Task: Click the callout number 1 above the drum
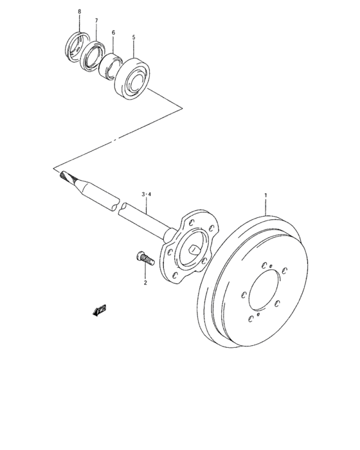(265, 194)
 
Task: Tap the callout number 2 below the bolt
(145, 282)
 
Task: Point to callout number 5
(134, 38)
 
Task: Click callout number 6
(113, 32)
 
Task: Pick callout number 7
(96, 21)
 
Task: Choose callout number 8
(80, 12)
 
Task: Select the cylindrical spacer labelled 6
(111, 65)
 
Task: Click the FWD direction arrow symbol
(100, 311)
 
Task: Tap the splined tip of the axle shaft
(65, 175)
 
